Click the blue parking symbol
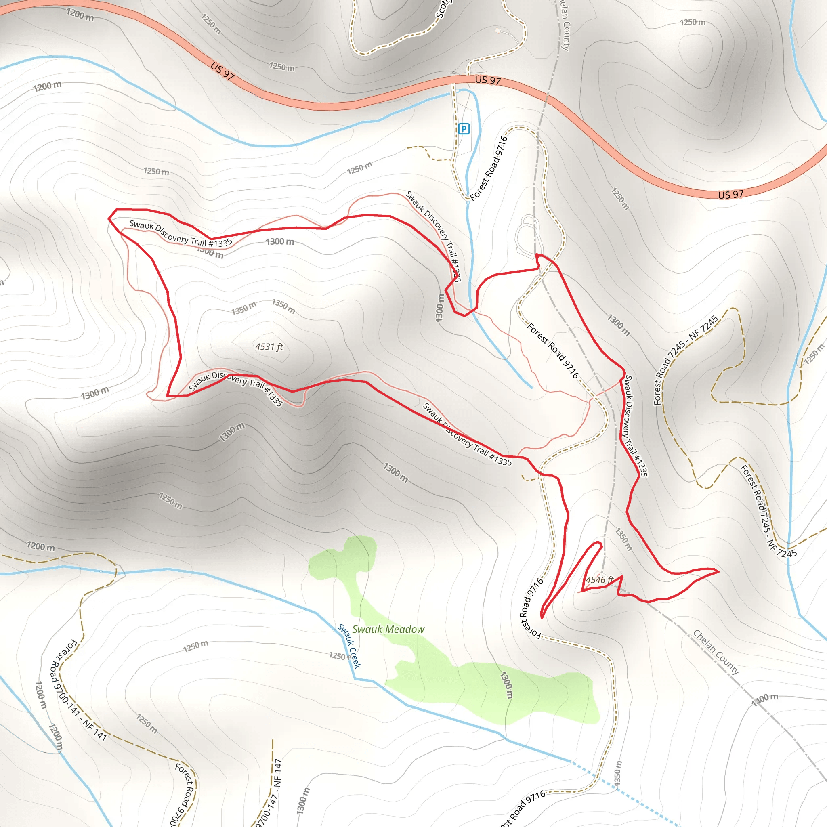click(x=464, y=128)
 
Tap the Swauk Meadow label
click(x=388, y=629)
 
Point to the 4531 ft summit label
click(x=269, y=347)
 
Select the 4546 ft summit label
click(x=599, y=580)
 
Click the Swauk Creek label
click(x=349, y=646)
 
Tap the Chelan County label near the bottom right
click(x=716, y=652)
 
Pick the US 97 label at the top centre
click(x=487, y=80)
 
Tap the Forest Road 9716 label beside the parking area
click(x=489, y=168)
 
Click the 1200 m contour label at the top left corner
click(x=80, y=15)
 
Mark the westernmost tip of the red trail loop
click(x=109, y=219)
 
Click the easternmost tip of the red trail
click(x=718, y=571)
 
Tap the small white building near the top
click(x=497, y=30)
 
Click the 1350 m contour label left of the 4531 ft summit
click(x=243, y=308)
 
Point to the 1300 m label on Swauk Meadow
click(x=506, y=684)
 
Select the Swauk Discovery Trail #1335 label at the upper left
click(x=181, y=234)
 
